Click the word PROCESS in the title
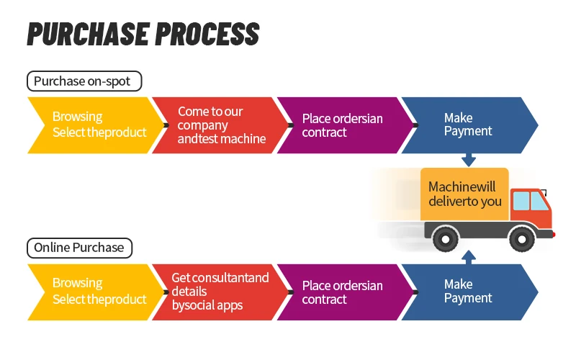pos(207,34)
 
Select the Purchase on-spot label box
pos(84,81)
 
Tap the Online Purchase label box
pos(79,248)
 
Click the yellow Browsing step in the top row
pos(96,125)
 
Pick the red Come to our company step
pos(220,125)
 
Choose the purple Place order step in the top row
pos(346,125)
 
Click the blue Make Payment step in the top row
pos(470,125)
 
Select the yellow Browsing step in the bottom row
pos(96,292)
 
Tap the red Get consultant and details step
pos(220,292)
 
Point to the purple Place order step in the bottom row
pos(346,292)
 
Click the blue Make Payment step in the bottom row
pos(470,292)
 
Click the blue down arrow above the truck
pos(469,160)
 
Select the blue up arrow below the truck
pos(469,257)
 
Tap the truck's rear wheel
pos(446,239)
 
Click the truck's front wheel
pos(522,239)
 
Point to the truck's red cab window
pos(531,201)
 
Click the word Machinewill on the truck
pos(462,186)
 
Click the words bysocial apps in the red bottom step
pos(207,305)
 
